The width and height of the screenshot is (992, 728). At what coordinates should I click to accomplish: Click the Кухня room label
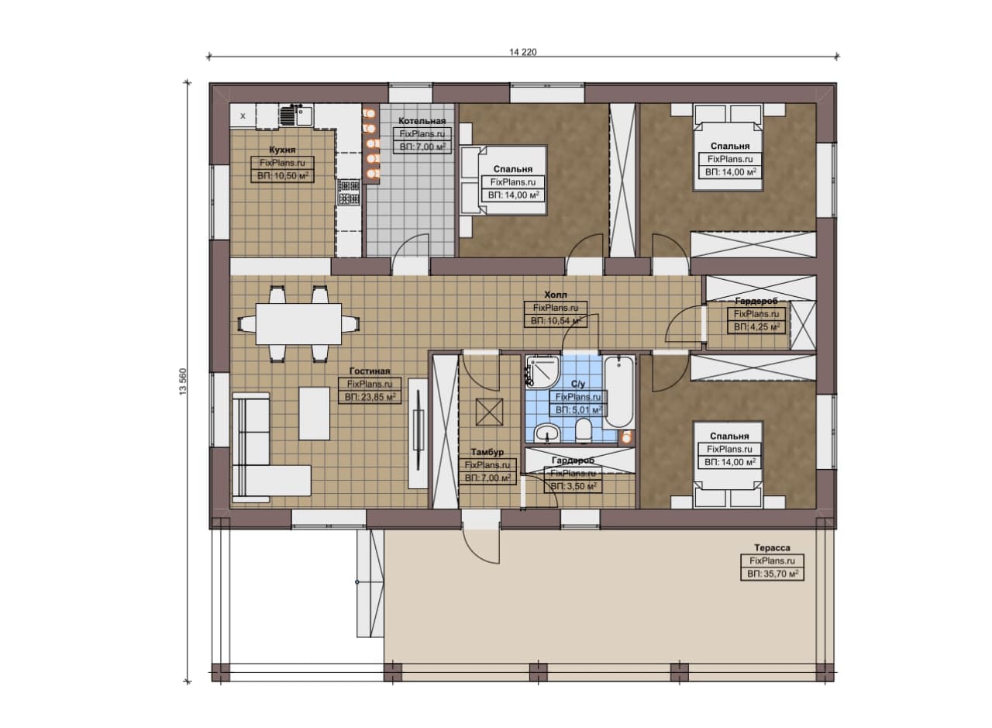pos(282,150)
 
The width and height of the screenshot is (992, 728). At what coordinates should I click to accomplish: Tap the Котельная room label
pos(422,121)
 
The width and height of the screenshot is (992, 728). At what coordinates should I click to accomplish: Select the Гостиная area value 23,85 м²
pos(370,397)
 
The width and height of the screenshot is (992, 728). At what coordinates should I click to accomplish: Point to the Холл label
pos(556,295)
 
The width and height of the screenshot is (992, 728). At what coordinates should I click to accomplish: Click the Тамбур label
pos(487,452)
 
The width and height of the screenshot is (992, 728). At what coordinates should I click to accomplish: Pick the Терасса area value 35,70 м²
pos(773,574)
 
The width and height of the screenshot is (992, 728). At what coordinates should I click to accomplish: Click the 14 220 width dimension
pos(522,52)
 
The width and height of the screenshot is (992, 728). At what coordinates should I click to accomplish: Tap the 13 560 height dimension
pos(183,381)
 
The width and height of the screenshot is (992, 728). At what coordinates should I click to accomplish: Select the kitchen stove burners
pos(349,191)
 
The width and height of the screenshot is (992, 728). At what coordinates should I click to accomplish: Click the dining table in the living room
pos(298,324)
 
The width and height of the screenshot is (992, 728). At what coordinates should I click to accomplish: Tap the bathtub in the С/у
pos(618,392)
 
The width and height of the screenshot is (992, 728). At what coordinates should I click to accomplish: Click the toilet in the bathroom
pos(584,431)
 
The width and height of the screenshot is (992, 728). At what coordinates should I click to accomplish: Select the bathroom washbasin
pos(547,433)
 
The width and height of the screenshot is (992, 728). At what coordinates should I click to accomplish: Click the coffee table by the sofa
pos(314,413)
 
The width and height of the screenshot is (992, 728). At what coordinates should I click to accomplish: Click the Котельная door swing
pos(412,246)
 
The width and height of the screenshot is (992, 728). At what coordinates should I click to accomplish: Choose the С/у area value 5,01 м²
pos(578,410)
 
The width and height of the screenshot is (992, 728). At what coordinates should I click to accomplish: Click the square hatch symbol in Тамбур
pos(489,412)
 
